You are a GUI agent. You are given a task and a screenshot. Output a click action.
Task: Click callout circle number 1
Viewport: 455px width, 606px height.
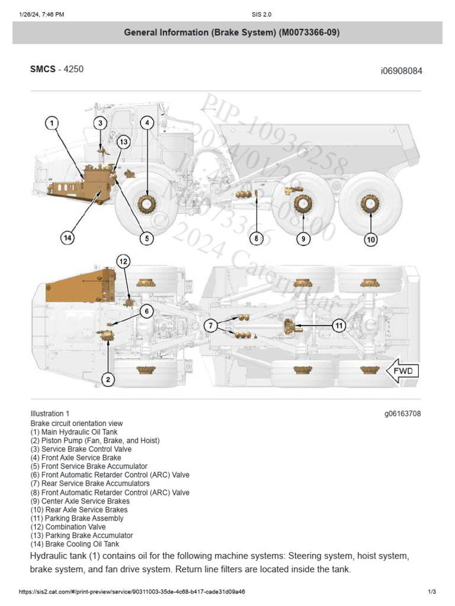[x=52, y=123]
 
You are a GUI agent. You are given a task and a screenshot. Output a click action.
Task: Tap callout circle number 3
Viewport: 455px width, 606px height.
[x=101, y=123]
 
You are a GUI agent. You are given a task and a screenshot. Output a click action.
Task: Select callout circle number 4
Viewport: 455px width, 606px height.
[x=147, y=123]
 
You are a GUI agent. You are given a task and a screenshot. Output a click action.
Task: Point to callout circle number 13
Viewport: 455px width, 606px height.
[x=123, y=142]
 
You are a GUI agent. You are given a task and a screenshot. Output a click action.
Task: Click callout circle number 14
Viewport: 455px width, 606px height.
[x=68, y=238]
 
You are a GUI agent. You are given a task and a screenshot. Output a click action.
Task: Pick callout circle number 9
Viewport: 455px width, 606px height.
[x=303, y=238]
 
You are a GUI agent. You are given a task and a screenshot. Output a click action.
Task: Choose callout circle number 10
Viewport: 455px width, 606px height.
[x=371, y=239]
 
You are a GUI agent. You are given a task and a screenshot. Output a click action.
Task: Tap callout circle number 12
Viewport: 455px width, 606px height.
[x=123, y=261]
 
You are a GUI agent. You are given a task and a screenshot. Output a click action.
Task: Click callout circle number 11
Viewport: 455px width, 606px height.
[x=338, y=325]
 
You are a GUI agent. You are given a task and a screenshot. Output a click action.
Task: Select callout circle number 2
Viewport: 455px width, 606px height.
[x=107, y=379]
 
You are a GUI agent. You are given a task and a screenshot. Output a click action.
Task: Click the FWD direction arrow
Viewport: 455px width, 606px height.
[x=402, y=372]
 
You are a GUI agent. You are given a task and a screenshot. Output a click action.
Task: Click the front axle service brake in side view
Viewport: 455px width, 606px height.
[x=146, y=205]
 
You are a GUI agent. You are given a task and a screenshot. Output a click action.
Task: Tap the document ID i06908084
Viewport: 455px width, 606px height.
[x=401, y=71]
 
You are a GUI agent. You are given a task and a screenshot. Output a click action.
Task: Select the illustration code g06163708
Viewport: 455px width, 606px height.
[x=402, y=414]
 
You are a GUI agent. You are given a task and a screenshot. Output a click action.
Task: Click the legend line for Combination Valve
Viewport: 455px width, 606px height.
[x=68, y=527]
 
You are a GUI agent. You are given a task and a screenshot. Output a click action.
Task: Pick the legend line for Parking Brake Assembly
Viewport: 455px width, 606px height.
[x=77, y=518]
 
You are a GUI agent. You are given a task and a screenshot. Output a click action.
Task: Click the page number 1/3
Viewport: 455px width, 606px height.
[x=432, y=592]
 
